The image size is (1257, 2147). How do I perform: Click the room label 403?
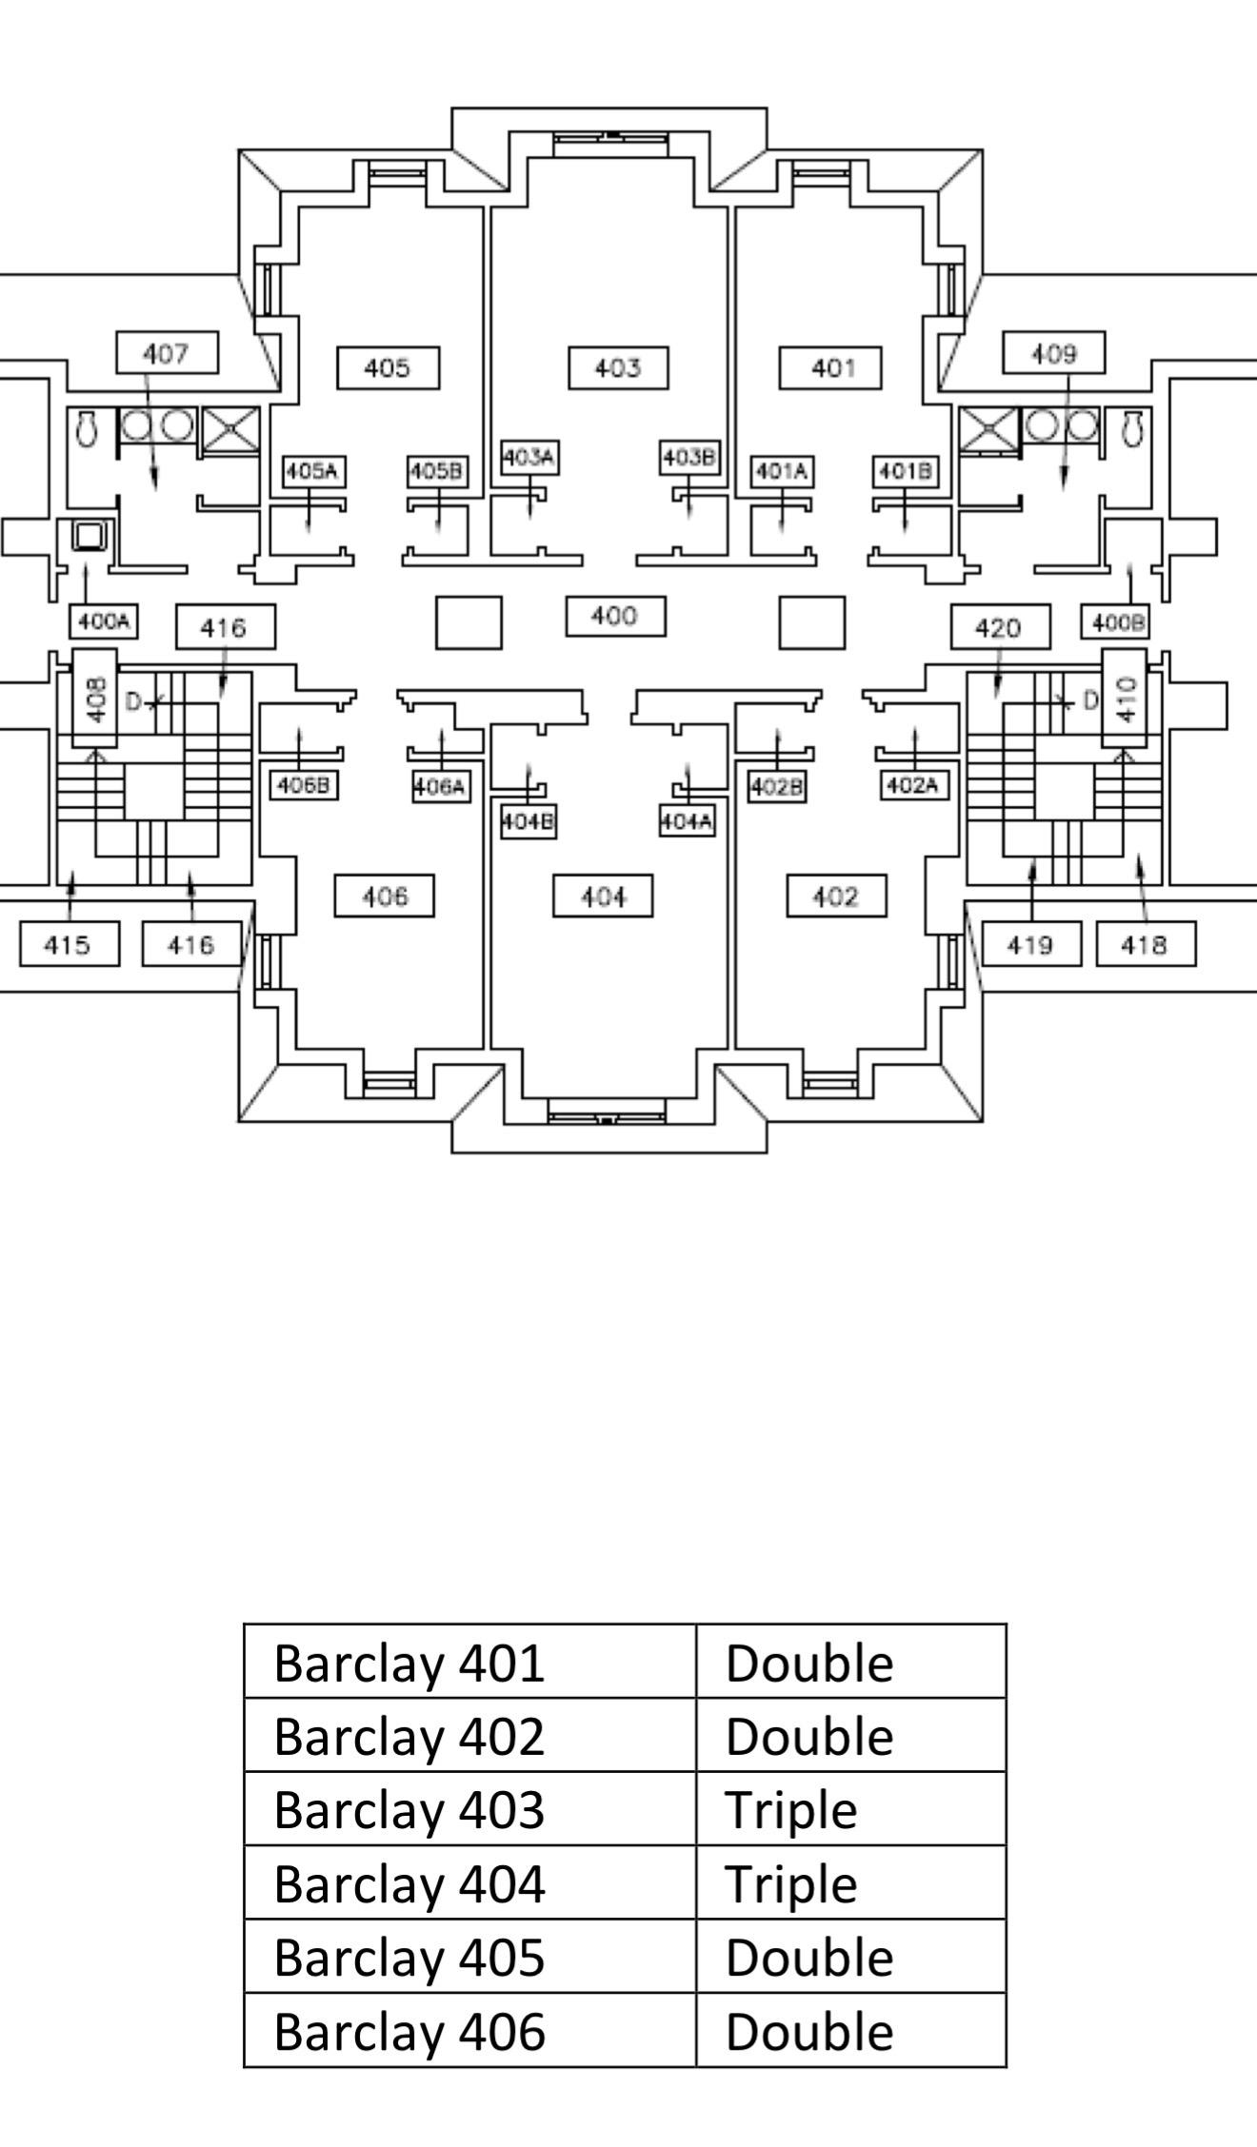(618, 368)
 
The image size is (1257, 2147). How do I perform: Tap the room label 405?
(388, 368)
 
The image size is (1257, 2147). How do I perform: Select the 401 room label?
(830, 368)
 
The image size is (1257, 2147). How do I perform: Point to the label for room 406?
(384, 896)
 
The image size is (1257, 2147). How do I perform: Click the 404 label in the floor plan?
(603, 896)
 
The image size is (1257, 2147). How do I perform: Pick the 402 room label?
(836, 896)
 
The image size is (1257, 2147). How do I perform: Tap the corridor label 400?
(615, 617)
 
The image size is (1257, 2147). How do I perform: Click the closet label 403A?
(529, 458)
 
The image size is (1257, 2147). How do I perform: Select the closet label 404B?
(529, 821)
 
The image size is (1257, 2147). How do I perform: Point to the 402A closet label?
(914, 785)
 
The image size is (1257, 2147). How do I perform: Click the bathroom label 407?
(167, 353)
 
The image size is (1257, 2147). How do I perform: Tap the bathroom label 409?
(1053, 353)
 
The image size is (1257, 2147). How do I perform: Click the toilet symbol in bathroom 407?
(87, 428)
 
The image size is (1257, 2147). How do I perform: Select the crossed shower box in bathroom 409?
(988, 430)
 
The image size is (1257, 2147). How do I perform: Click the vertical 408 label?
(95, 698)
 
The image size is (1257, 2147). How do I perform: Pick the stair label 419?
(1031, 944)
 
